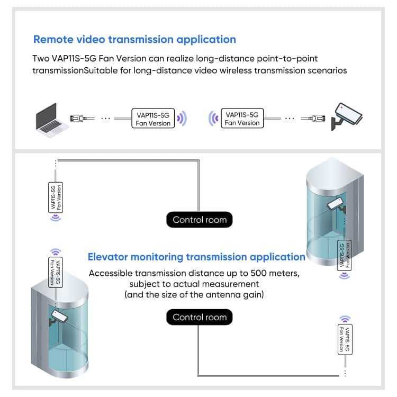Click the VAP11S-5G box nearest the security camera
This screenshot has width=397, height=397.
click(x=242, y=118)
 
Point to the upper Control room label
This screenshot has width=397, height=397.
click(x=199, y=220)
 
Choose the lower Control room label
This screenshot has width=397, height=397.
click(x=199, y=317)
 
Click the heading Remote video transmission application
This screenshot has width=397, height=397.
click(x=134, y=39)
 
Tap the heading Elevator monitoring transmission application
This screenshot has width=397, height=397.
click(x=196, y=257)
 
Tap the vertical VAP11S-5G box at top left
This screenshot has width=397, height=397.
click(x=55, y=197)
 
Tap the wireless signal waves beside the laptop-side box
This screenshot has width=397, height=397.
click(x=182, y=118)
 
